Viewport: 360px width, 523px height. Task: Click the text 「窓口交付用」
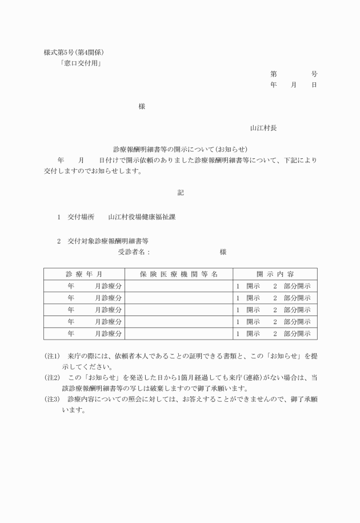point(81,63)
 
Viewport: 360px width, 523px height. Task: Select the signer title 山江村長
point(263,128)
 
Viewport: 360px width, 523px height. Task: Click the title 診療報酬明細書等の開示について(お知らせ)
point(180,149)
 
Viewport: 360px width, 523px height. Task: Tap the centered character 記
point(180,193)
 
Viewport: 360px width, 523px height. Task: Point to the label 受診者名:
point(134,252)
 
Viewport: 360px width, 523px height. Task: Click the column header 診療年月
point(84,274)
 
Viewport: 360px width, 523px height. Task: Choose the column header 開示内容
point(275,274)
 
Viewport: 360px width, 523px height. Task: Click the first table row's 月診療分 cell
point(108,286)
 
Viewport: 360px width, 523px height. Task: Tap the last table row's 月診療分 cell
point(108,333)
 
